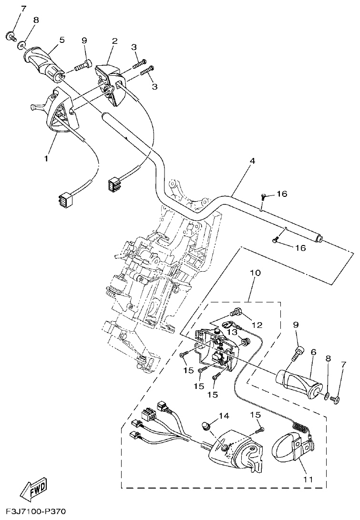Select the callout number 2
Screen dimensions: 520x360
(x=114, y=41)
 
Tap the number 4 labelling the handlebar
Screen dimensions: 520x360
(x=252, y=161)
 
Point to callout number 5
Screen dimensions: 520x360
(x=61, y=41)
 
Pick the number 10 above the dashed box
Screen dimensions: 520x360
(x=255, y=273)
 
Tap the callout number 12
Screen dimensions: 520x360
(x=257, y=325)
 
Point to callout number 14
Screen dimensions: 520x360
(x=224, y=416)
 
